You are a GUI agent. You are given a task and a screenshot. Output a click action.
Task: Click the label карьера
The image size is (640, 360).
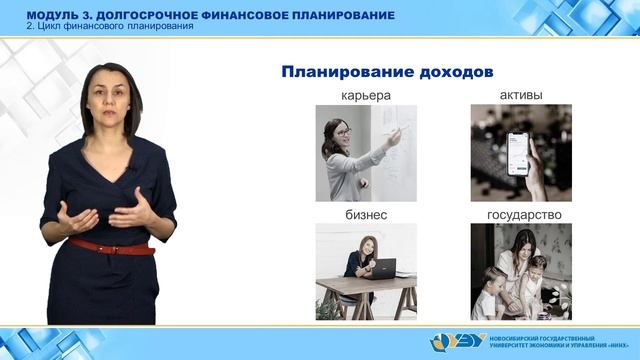click(364, 96)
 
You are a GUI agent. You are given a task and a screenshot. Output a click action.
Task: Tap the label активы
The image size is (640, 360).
click(521, 96)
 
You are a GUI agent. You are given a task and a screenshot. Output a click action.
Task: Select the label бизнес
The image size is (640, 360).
click(364, 215)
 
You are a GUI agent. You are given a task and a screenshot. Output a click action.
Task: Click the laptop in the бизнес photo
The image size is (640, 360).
click(382, 267)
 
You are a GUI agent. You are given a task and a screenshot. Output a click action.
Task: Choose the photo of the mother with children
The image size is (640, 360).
click(521, 271)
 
